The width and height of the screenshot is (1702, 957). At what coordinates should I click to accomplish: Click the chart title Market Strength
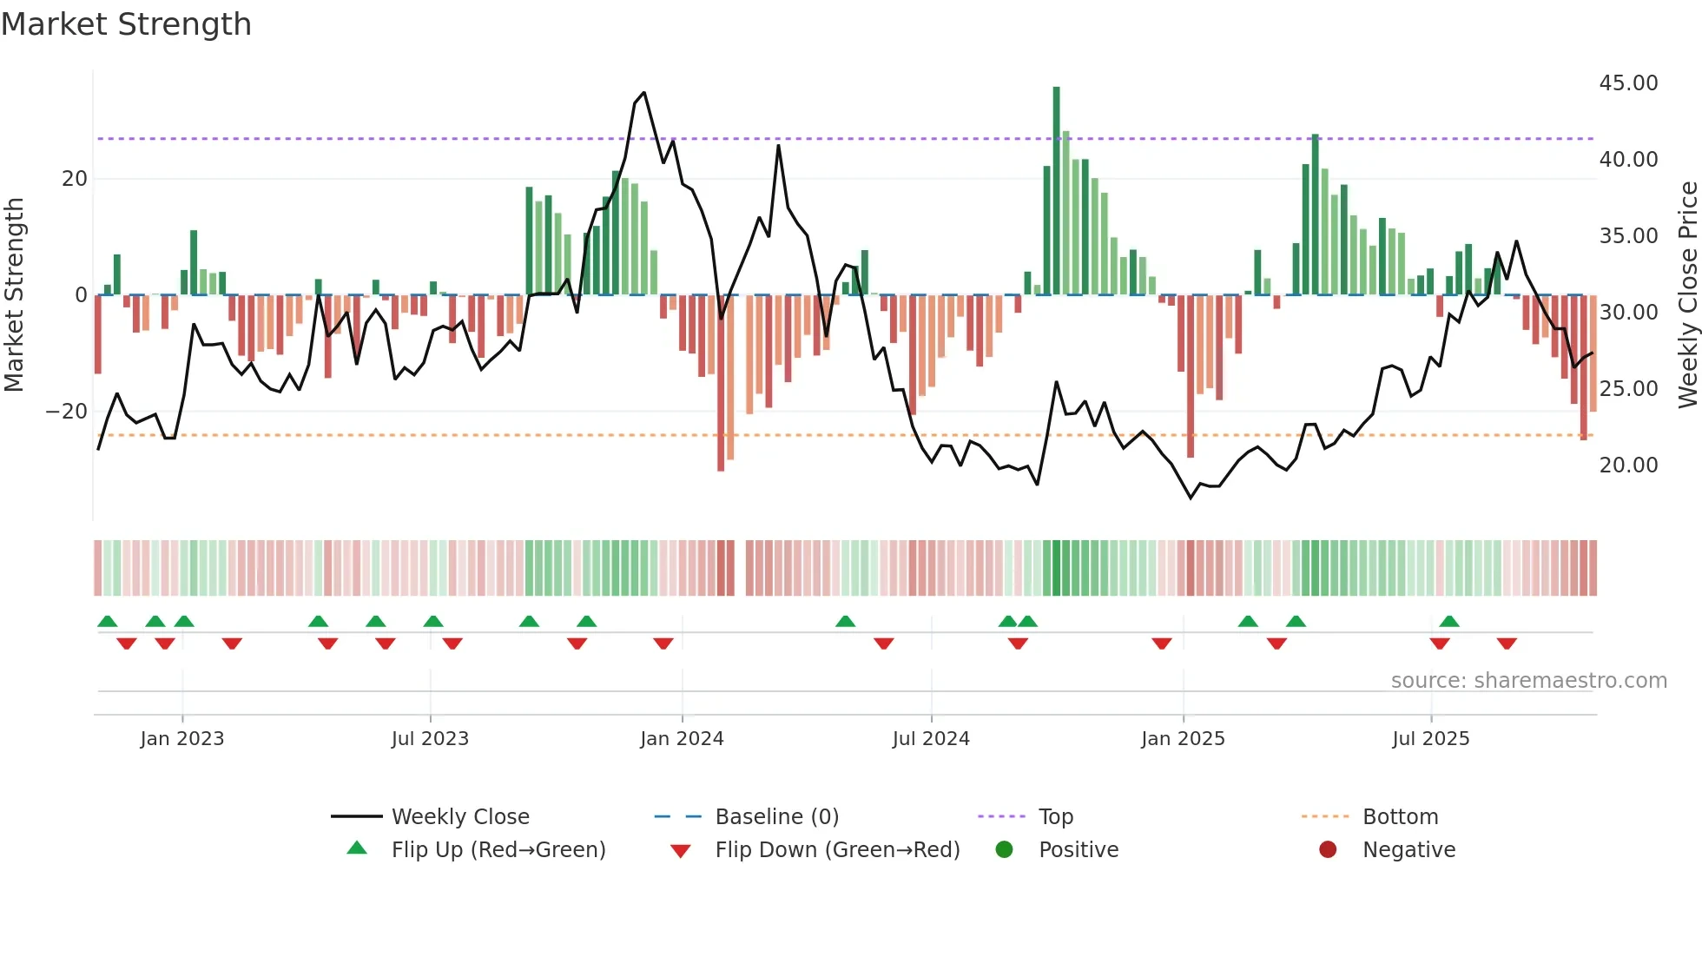pos(126,24)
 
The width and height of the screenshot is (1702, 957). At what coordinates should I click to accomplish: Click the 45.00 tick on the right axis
pos(1628,83)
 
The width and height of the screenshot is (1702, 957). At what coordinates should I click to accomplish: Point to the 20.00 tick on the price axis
pos(1628,465)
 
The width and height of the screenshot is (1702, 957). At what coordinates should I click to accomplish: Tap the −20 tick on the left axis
pos(67,412)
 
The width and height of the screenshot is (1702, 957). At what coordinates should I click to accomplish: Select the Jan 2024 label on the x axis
pos(682,739)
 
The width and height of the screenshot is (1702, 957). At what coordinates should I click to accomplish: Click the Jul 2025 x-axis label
pos(1430,739)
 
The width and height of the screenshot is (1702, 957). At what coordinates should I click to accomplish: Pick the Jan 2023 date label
pos(181,739)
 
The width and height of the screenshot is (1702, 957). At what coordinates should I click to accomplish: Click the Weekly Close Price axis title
pos(1687,295)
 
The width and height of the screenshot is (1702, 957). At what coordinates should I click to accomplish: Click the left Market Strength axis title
pos(14,295)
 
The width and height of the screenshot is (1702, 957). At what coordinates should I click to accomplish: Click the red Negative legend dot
pos(1328,850)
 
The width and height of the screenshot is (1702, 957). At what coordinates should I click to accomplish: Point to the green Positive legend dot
pos(1005,850)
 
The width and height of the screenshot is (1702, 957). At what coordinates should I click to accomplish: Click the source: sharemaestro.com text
pos(1528,681)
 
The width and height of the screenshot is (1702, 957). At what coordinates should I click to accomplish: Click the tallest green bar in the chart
pos(1056,191)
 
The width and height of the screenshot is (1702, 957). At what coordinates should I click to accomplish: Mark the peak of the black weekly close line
pos(643,93)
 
